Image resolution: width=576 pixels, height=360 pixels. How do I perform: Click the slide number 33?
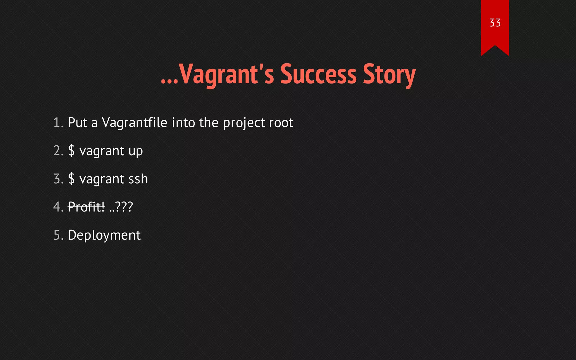click(495, 23)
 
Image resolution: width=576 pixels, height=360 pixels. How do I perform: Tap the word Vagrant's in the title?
click(226, 74)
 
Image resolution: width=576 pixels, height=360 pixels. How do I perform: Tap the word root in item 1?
click(281, 123)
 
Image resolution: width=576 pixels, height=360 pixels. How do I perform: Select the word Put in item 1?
click(77, 123)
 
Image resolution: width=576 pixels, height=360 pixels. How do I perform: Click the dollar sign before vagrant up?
click(71, 151)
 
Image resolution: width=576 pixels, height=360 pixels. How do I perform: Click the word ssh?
click(138, 179)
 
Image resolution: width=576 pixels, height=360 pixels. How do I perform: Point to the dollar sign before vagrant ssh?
click(71, 179)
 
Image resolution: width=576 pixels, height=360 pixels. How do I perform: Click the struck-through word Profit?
click(86, 207)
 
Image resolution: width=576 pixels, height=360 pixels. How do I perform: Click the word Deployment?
click(104, 235)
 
